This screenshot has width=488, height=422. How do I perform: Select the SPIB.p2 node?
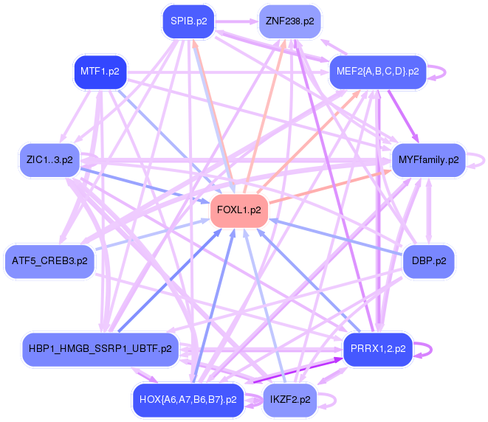click(x=188, y=21)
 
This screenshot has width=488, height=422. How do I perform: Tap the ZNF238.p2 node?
click(x=289, y=21)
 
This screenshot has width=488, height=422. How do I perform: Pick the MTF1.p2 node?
click(x=100, y=72)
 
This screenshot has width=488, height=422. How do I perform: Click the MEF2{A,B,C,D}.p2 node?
click(x=378, y=72)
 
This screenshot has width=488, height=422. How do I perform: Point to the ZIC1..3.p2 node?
click(x=49, y=159)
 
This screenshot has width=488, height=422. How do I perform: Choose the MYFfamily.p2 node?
click(x=428, y=159)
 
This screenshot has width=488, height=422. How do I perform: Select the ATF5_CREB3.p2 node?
click(x=49, y=260)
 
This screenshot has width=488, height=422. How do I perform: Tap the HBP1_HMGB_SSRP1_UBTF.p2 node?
click(x=100, y=348)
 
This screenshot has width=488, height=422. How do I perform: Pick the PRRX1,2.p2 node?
click(x=377, y=348)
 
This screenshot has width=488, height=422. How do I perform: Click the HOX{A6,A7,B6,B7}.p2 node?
click(x=188, y=399)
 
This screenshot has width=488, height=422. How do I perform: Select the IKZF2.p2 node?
click(x=289, y=399)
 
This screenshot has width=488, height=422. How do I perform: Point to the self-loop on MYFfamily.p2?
click(x=481, y=159)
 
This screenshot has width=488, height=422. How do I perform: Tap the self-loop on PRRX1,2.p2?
click(x=429, y=348)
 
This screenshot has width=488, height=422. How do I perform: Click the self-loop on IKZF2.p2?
click(x=334, y=399)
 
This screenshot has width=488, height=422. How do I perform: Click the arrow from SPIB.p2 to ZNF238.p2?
click(x=236, y=21)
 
